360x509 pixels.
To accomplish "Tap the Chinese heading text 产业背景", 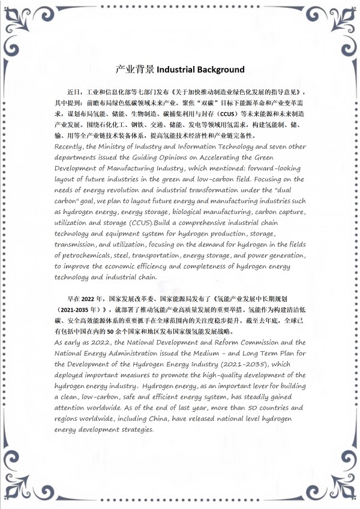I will point(135,70).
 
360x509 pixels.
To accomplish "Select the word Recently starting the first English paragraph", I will point(68,146).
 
